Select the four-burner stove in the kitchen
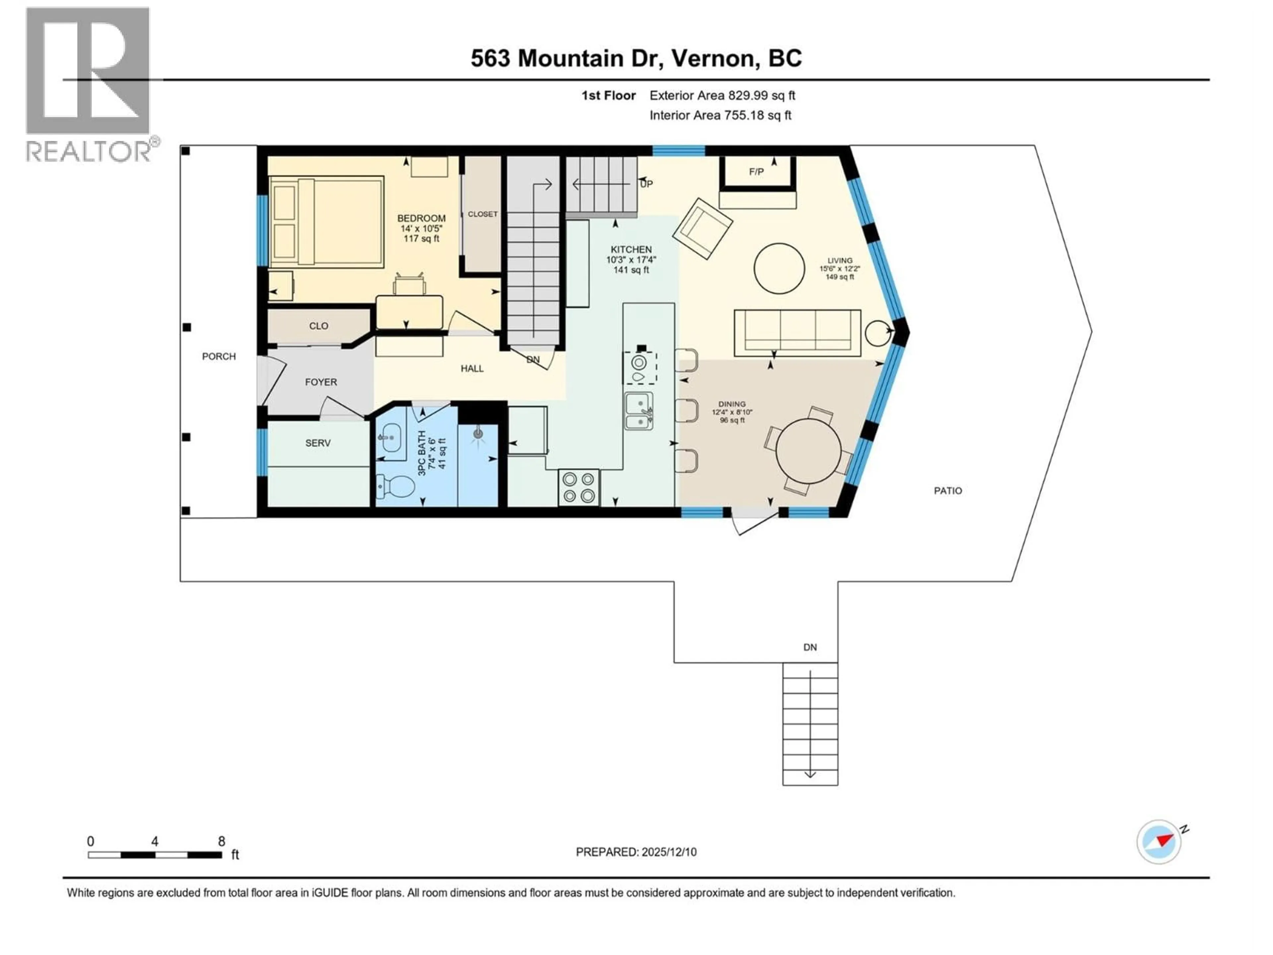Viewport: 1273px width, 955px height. point(578,487)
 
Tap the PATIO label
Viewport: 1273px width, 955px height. point(947,490)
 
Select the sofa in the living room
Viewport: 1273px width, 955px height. point(797,333)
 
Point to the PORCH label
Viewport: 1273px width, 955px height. point(219,356)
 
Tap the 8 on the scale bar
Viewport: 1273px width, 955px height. point(221,841)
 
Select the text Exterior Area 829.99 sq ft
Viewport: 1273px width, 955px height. point(722,95)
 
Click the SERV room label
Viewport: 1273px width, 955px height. point(318,443)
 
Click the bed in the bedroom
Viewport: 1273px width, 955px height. point(326,222)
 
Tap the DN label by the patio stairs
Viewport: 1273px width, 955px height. point(810,647)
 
